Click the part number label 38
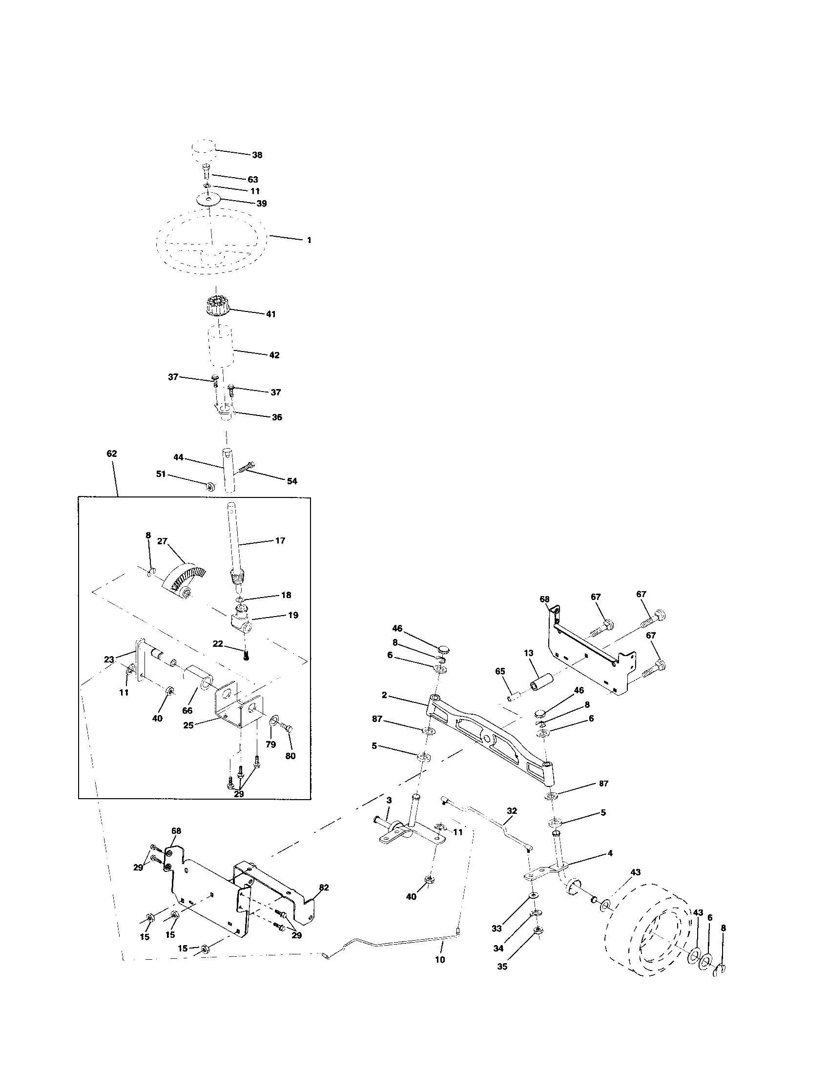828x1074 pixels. [257, 155]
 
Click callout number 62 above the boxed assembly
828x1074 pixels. [112, 454]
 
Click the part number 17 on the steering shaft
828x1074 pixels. [280, 540]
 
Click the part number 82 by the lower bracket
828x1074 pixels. [324, 888]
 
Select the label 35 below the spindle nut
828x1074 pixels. [502, 966]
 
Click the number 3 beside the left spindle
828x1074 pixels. [389, 801]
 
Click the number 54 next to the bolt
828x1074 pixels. [292, 481]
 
